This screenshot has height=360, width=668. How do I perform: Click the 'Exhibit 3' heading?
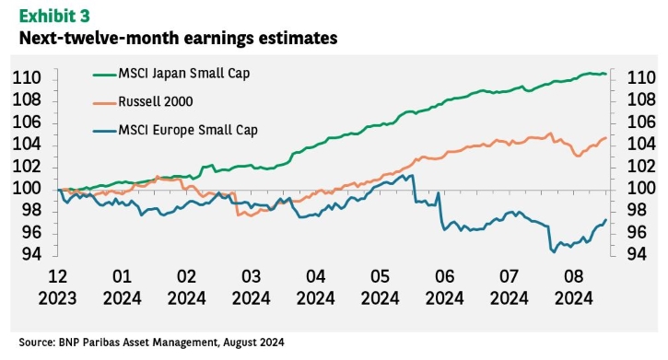pyautogui.click(x=54, y=16)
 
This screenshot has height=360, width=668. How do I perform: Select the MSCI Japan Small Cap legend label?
pyautogui.click(x=184, y=73)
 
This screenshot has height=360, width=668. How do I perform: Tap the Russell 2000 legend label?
pyautogui.click(x=156, y=101)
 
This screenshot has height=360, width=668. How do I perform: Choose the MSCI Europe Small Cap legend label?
pyautogui.click(x=188, y=130)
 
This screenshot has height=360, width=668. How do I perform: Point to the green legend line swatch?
pyautogui.click(x=105, y=75)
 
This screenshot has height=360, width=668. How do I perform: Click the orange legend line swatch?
pyautogui.click(x=105, y=102)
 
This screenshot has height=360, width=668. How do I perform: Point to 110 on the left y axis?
pyautogui.click(x=27, y=78)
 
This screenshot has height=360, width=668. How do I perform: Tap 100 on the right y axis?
pyautogui.click(x=641, y=188)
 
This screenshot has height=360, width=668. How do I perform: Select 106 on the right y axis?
pyautogui.click(x=641, y=122)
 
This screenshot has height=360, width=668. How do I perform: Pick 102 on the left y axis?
pyautogui.click(x=27, y=167)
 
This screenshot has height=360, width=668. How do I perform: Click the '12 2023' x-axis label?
pyautogui.click(x=57, y=287)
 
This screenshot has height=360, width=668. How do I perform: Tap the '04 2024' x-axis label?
pyautogui.click(x=316, y=287)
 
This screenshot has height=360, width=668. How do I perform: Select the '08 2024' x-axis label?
pyautogui.click(x=573, y=287)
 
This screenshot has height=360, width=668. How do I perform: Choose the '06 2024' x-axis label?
pyautogui.click(x=444, y=287)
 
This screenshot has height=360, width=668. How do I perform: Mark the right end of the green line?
pyautogui.click(x=606, y=74)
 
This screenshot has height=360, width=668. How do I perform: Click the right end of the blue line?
pyautogui.click(x=606, y=220)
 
